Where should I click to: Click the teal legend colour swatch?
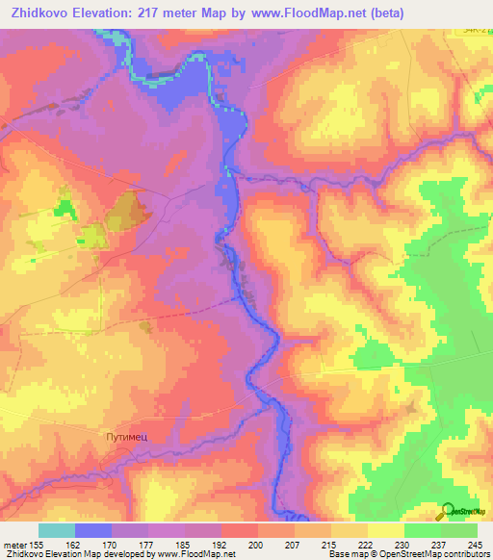(x=57, y=530)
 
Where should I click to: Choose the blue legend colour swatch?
(x=93, y=530)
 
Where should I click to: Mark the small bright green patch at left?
(x=65, y=205)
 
